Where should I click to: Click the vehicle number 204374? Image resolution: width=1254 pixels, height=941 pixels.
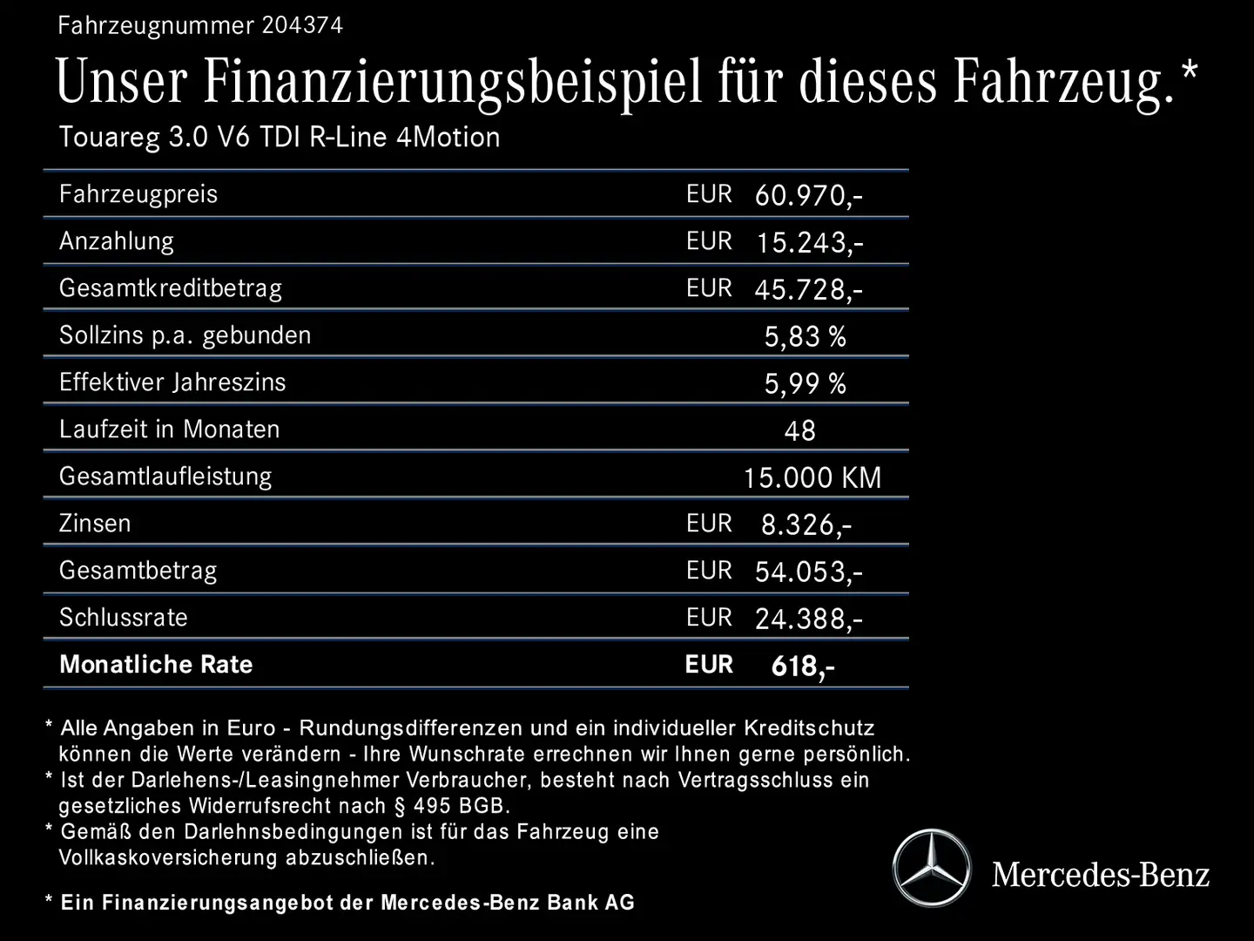click(302, 25)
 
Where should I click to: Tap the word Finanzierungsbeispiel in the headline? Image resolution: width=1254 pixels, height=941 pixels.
click(453, 83)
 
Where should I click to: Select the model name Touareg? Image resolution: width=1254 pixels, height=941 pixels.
click(109, 138)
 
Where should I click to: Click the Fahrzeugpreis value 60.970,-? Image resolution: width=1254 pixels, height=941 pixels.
click(808, 195)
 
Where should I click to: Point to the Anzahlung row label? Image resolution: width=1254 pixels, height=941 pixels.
click(117, 241)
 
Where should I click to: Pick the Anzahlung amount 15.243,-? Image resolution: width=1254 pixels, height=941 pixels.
click(809, 242)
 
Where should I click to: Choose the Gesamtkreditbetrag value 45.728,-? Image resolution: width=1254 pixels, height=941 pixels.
click(808, 289)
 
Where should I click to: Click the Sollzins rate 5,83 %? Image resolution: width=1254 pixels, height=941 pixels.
click(805, 336)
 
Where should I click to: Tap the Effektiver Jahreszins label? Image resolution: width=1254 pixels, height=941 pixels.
click(172, 382)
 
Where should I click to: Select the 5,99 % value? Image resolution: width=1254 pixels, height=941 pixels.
click(805, 383)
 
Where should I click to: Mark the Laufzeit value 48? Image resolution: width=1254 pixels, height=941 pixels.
click(799, 430)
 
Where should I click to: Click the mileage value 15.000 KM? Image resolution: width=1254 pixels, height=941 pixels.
click(812, 477)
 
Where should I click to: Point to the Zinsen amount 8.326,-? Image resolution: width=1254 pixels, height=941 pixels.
click(806, 525)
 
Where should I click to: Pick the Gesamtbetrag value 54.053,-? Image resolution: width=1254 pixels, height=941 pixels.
click(808, 572)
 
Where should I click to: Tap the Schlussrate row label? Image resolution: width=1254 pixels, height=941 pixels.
click(124, 618)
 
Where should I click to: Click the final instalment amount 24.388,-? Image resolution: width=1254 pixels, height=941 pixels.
click(808, 619)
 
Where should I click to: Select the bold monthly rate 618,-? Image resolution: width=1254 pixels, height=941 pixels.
click(802, 667)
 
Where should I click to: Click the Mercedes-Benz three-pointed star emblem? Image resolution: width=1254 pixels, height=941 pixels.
click(932, 868)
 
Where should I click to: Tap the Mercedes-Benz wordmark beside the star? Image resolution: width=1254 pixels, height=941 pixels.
click(1101, 874)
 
